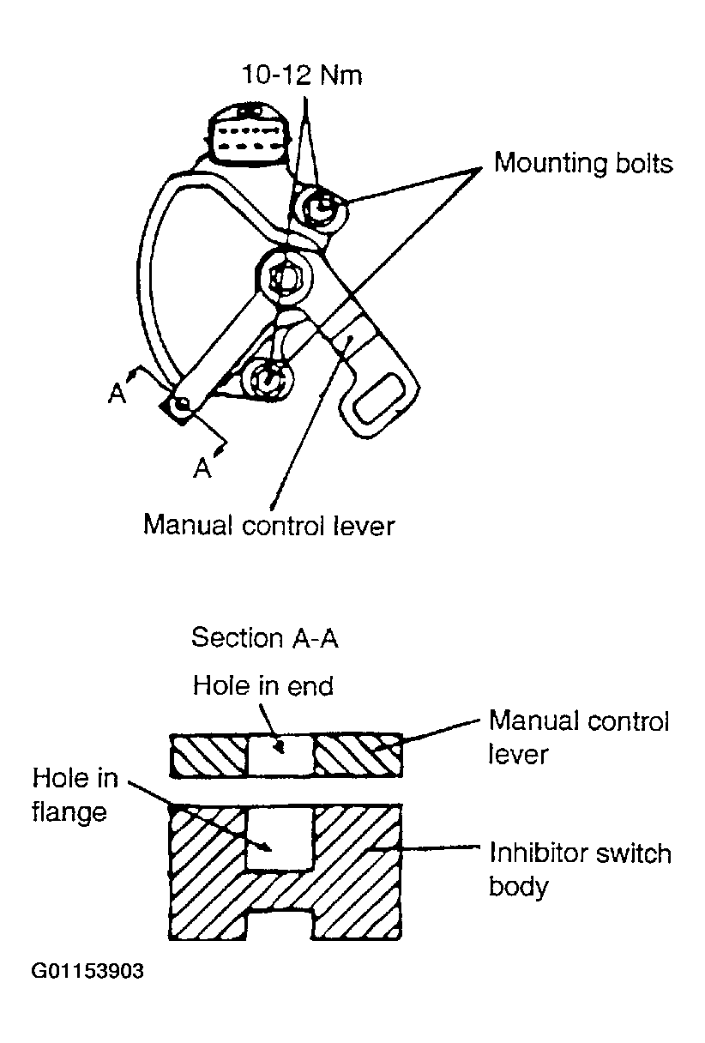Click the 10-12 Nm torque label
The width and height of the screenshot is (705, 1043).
302,75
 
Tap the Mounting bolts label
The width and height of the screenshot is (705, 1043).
583,163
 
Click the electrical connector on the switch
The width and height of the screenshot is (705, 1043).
247,134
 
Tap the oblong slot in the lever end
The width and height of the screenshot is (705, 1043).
378,400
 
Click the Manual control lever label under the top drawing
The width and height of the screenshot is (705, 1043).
269,525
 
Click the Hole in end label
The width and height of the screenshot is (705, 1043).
263,685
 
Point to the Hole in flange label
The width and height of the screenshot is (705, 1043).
75,794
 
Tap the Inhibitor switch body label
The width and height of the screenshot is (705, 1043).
580,869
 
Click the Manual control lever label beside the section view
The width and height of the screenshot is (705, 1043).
579,737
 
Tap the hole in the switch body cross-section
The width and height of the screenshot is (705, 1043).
280,838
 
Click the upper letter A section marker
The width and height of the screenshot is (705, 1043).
117,394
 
